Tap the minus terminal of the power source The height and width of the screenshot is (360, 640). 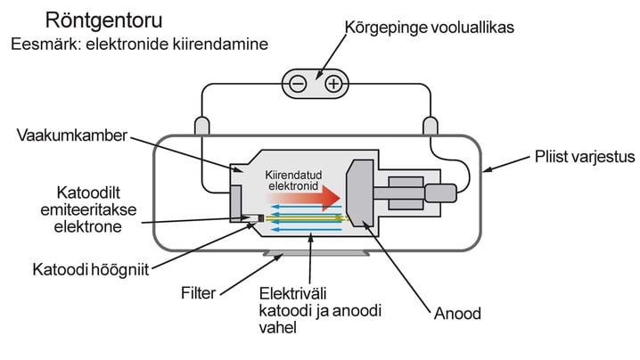pyautogui.click(x=298, y=85)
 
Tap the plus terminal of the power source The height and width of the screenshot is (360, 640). pyautogui.click(x=332, y=85)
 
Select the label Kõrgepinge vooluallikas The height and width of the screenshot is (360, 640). pyautogui.click(x=429, y=29)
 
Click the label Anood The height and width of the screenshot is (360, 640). pyautogui.click(x=459, y=314)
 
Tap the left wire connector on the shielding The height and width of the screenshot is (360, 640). pyautogui.click(x=201, y=126)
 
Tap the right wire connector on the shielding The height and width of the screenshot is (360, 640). pyautogui.click(x=430, y=126)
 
